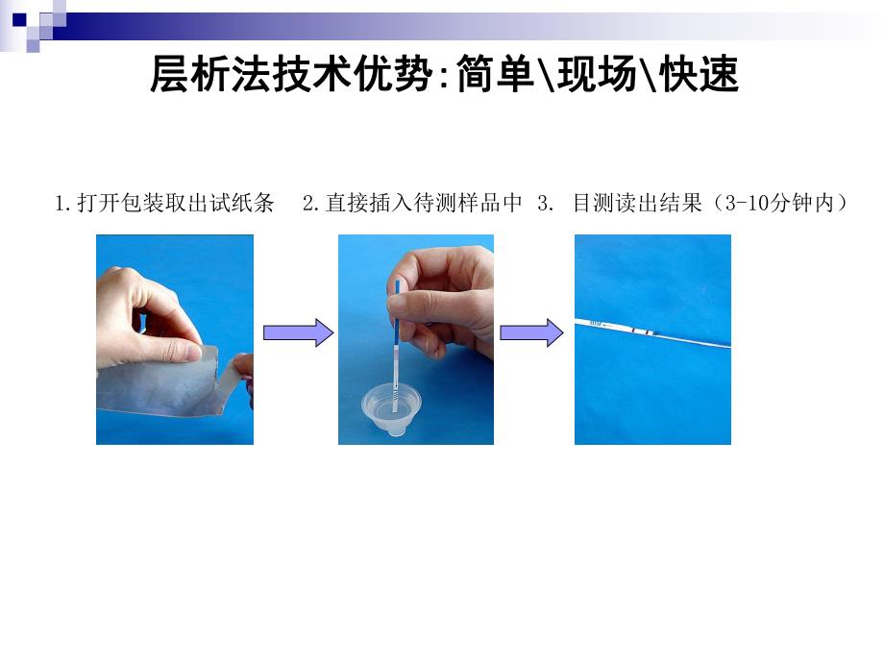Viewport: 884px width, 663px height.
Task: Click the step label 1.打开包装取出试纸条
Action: pos(165,204)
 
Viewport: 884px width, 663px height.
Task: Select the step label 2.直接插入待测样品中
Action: pos(412,204)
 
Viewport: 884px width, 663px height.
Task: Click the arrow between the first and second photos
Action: pos(298,333)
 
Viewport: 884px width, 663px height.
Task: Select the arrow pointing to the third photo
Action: pos(531,333)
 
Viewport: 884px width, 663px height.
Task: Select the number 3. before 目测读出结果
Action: pos(547,204)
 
